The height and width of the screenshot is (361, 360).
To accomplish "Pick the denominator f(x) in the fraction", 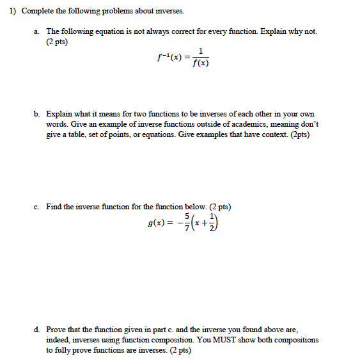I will [201, 63].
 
